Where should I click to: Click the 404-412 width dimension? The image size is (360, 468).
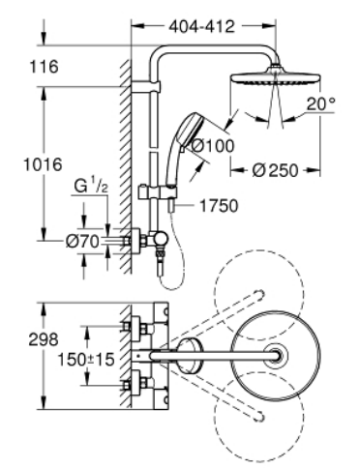(202, 26)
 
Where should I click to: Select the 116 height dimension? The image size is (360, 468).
(44, 67)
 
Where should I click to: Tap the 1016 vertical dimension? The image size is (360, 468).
(43, 164)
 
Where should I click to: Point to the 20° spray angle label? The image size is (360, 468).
(320, 103)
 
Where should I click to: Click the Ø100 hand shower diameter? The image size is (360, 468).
(213, 146)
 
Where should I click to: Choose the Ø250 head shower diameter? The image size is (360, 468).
(275, 170)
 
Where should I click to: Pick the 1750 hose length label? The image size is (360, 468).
(219, 206)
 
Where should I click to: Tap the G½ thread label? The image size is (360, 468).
(91, 187)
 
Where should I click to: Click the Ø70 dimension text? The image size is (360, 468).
(82, 241)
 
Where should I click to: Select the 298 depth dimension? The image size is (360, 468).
(44, 339)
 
